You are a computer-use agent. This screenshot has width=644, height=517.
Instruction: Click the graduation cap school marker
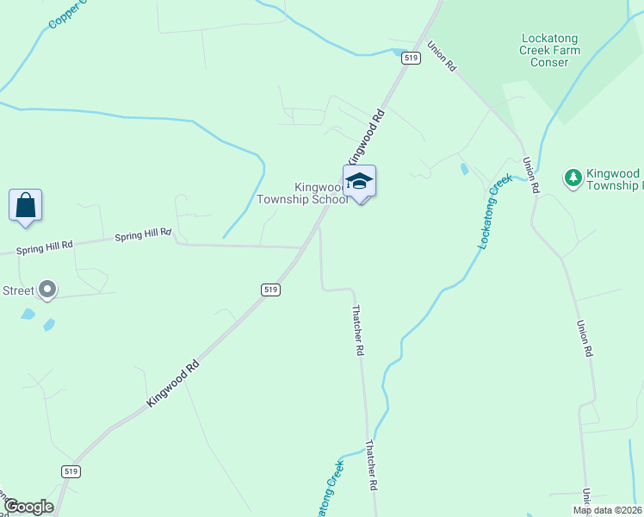tap(359, 182)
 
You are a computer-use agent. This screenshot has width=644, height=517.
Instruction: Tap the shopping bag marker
tap(26, 205)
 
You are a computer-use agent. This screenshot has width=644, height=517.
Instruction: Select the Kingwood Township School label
tap(302, 193)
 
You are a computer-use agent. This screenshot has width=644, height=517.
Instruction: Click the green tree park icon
tap(573, 178)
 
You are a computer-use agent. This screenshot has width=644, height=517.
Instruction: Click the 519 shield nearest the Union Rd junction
tap(411, 58)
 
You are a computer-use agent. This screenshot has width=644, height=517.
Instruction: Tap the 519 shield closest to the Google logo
tap(71, 471)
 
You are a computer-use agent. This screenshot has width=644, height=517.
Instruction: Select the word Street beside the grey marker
tap(17, 290)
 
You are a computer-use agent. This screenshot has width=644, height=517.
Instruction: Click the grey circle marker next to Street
tap(47, 290)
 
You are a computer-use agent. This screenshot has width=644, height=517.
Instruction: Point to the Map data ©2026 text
tap(606, 510)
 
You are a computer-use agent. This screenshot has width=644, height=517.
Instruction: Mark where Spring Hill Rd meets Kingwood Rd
tap(300, 248)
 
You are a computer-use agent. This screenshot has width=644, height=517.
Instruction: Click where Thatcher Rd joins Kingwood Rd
tap(319, 227)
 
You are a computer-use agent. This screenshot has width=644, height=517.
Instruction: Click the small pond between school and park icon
tap(465, 169)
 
